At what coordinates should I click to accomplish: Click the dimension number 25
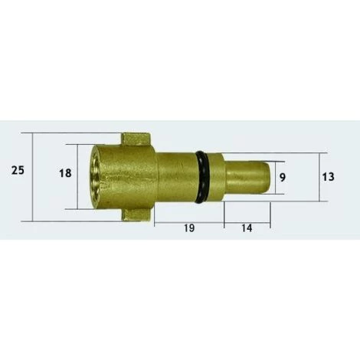18,170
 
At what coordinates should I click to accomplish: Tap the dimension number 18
65,173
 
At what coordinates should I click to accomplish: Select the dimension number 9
282,177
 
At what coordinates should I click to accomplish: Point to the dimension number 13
328,177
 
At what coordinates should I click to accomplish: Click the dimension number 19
189,228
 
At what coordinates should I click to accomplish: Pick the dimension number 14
247,228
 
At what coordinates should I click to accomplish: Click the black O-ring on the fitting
202,178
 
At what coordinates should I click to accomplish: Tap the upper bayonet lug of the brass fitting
136,139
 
